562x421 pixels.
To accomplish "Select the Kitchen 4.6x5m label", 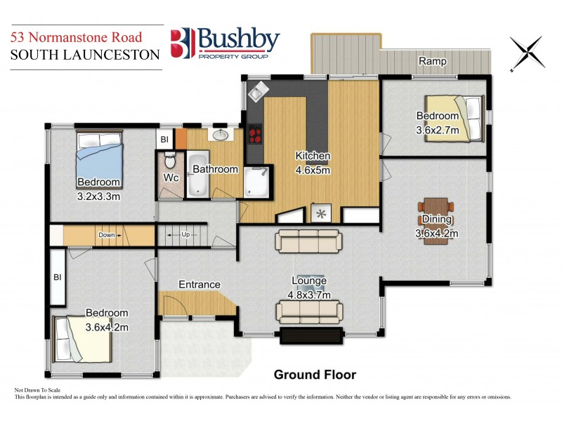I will tap(313, 162).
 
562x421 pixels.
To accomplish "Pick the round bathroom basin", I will tap(220, 135).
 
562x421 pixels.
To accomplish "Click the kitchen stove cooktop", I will tap(253, 134).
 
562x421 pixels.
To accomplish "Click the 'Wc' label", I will tap(171, 178).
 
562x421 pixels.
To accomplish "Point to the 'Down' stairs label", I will tap(106, 234).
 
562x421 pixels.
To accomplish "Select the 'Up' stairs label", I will tap(185, 234).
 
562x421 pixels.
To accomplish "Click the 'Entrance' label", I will tap(199, 284).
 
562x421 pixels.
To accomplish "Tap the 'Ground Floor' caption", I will tap(314, 375).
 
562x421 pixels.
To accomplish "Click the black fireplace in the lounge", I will tap(311, 335).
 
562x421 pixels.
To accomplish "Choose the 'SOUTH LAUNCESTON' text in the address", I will tap(85, 55).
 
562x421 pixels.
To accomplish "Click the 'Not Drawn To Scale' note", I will tap(39, 389).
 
